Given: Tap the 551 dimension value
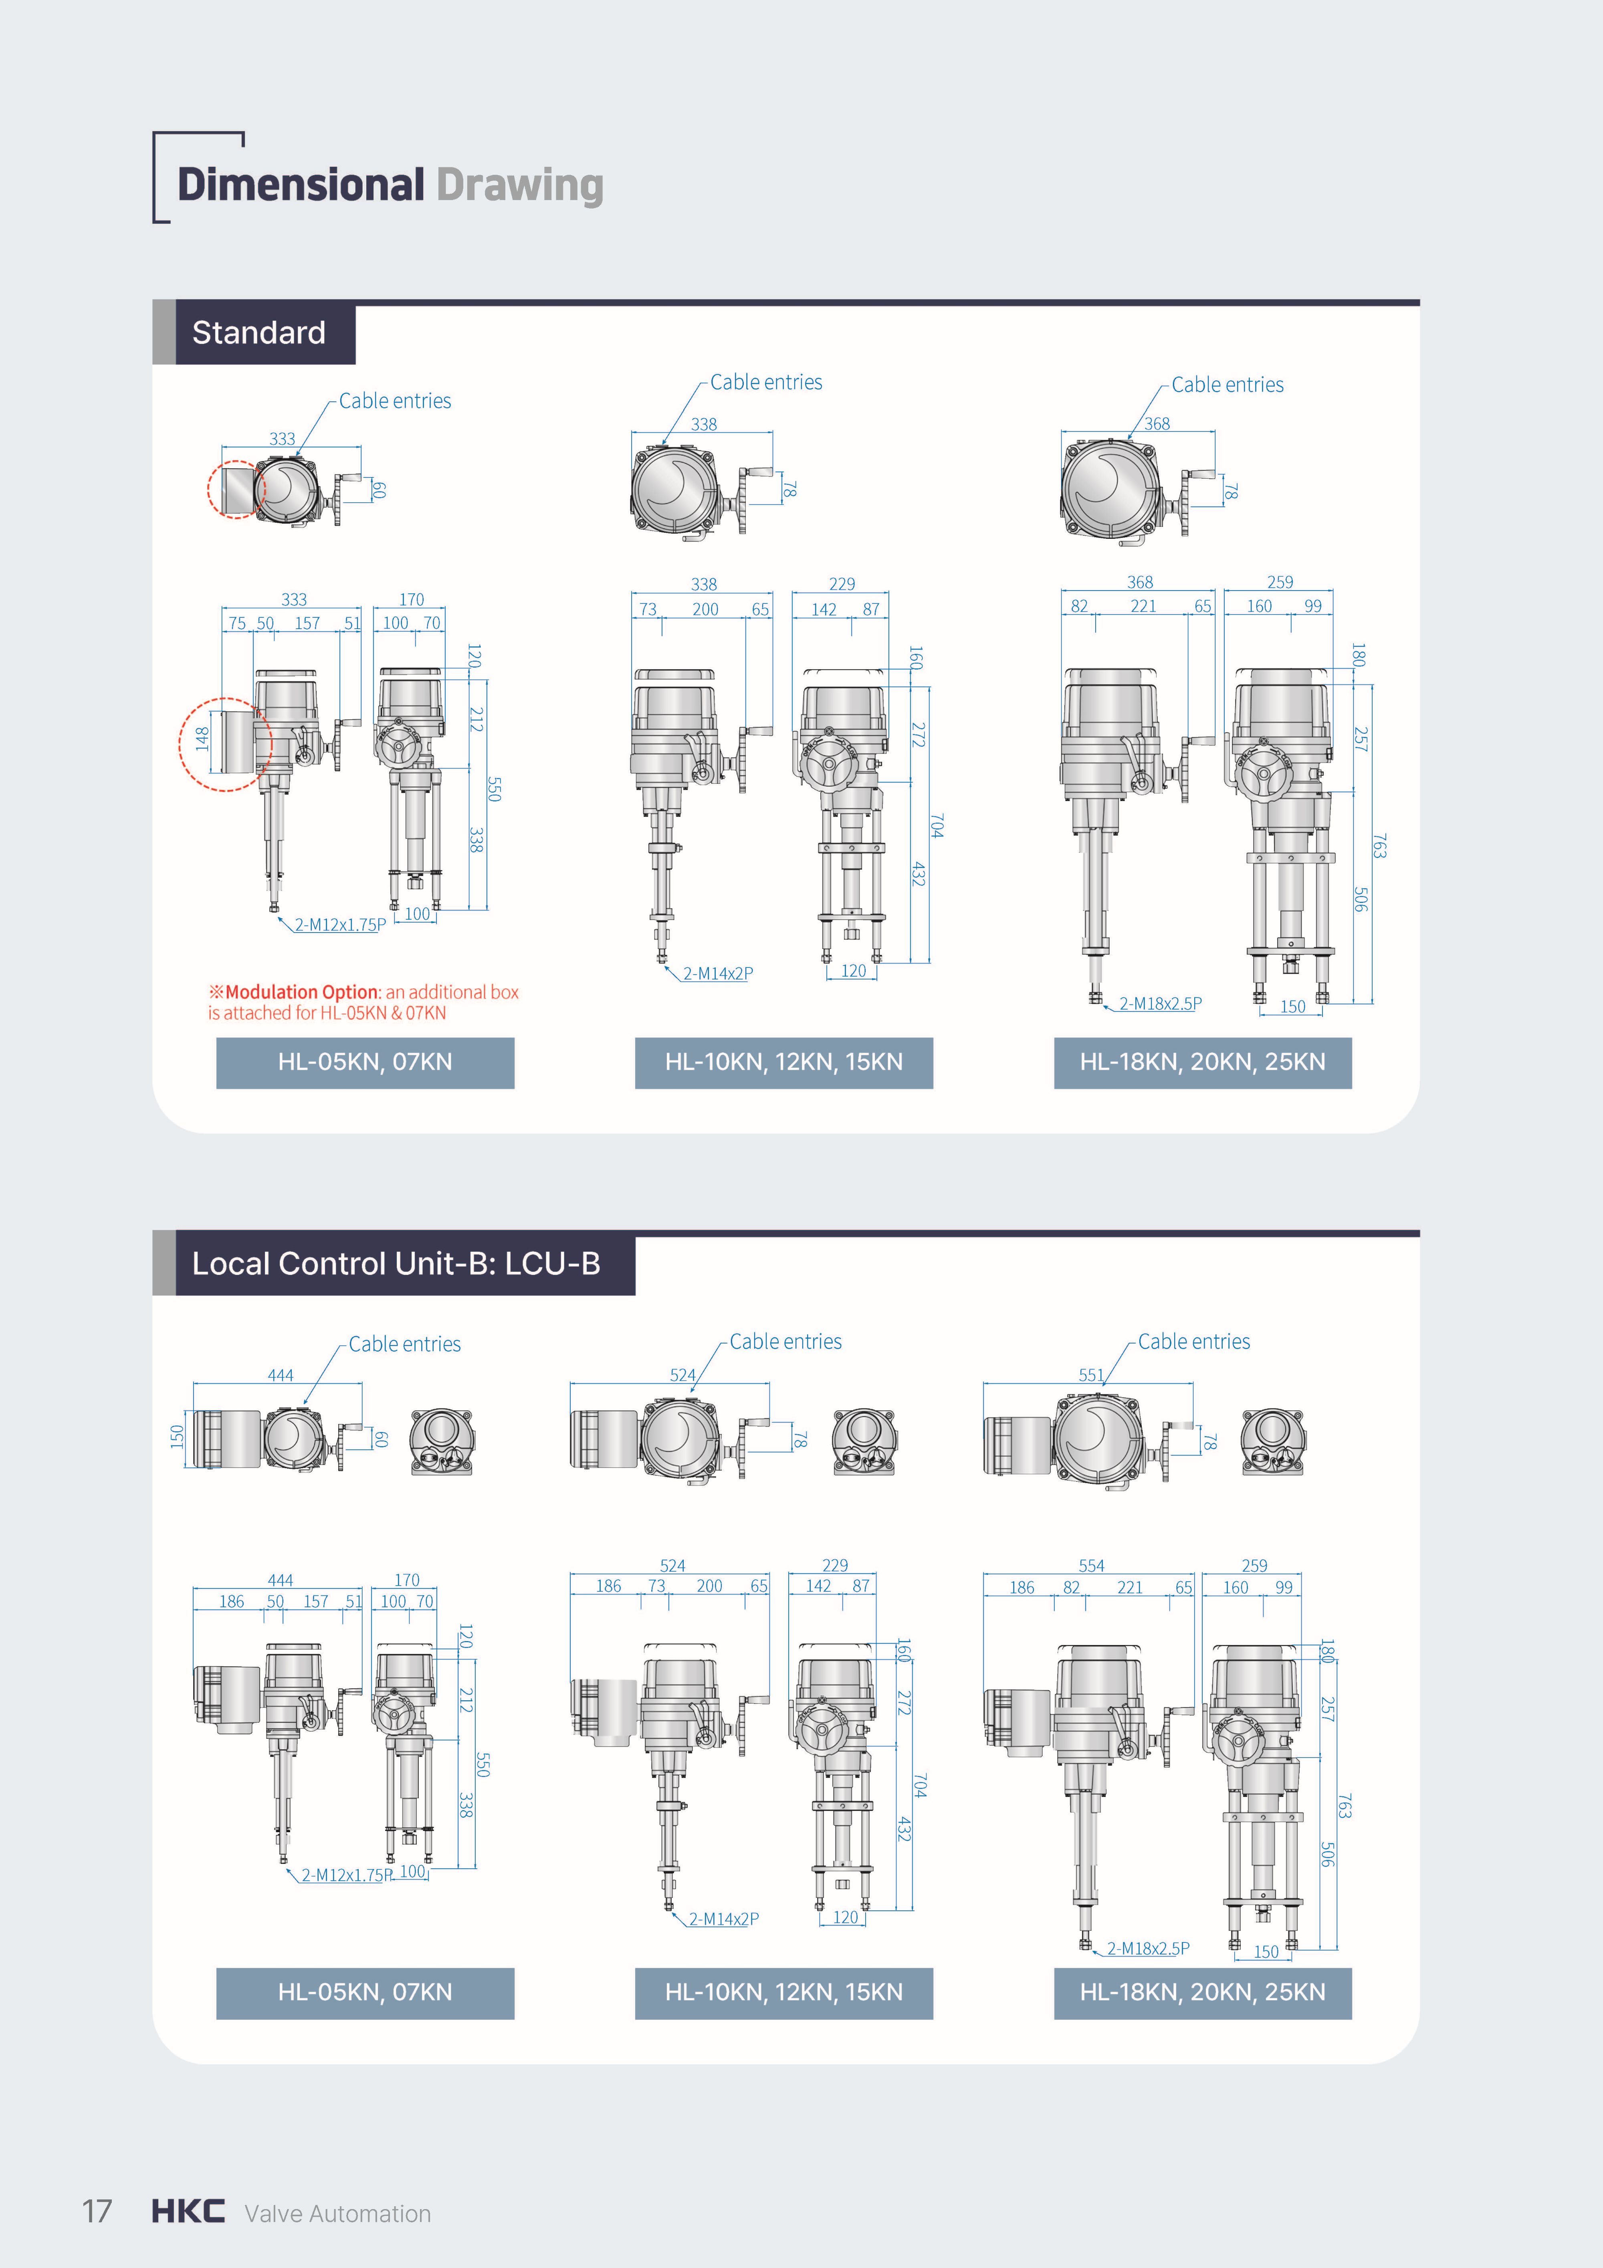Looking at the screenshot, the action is click(1091, 1375).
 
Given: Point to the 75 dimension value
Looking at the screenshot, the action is click(237, 623).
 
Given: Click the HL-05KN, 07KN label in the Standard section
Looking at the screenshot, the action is click(365, 1062).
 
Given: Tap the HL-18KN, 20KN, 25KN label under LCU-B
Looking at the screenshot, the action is click(1203, 1993).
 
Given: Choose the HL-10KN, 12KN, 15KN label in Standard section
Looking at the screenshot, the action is click(784, 1062).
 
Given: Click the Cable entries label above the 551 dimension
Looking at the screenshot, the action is click(1194, 1341).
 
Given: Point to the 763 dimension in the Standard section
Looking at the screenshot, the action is click(1380, 846).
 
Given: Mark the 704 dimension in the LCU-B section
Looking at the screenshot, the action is click(920, 1785).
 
